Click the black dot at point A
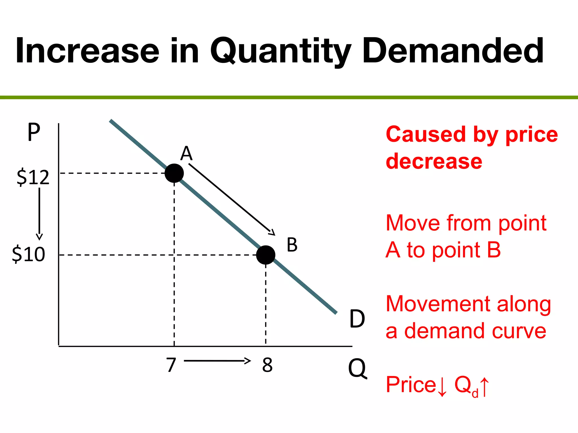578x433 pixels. (x=174, y=173)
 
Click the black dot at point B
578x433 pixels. (x=266, y=255)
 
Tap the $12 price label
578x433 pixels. (x=33, y=177)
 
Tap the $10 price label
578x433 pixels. (x=29, y=254)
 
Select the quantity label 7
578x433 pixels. (x=171, y=365)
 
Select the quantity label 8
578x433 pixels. (x=267, y=365)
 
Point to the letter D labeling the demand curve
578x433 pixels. (x=357, y=319)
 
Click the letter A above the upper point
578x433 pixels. (x=186, y=154)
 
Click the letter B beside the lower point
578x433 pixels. (x=292, y=245)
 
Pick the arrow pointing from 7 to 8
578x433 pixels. (x=217, y=361)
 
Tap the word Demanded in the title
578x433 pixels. (x=453, y=51)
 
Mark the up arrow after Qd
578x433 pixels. (x=485, y=387)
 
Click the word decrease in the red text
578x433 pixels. (x=434, y=161)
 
